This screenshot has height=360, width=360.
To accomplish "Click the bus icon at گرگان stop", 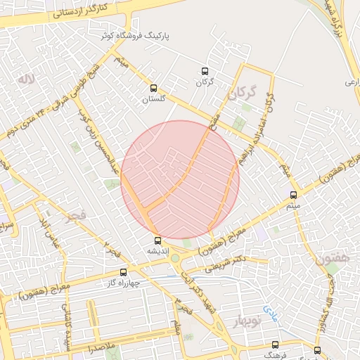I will pos(205,71).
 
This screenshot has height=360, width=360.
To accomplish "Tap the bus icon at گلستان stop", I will pos(153,88).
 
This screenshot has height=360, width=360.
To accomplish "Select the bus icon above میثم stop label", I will pos(293,195).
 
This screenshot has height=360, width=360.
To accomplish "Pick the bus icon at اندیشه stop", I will pos(157,240).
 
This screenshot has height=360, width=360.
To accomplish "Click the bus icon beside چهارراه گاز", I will pos(124,271).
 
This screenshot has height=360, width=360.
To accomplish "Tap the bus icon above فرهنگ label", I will pos(275,345).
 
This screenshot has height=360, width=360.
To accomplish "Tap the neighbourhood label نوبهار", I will pos(243,319).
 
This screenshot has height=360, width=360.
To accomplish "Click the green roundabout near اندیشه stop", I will pos(174,257).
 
